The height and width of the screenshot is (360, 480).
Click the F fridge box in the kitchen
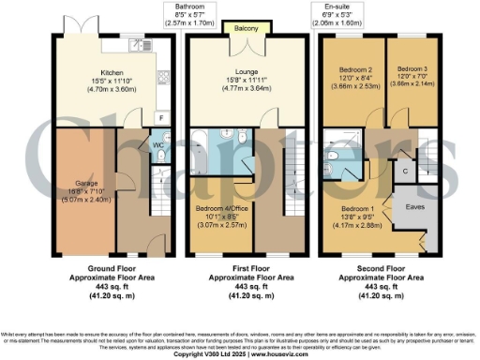(x=160, y=118)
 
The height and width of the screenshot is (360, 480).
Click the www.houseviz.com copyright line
(x=240, y=354)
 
